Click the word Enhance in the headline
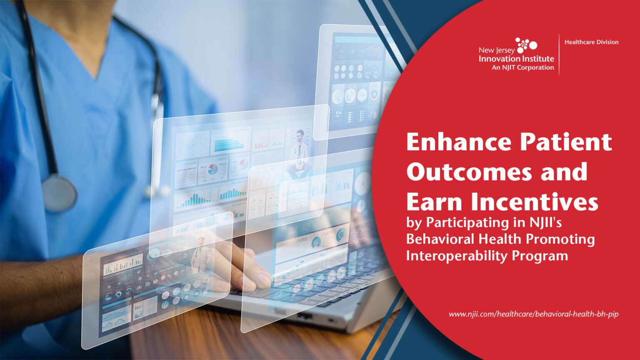pos(458,142)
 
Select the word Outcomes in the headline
pos(469,172)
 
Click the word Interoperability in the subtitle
pos(456,255)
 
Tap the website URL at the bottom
pos(533,314)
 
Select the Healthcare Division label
pos(591,42)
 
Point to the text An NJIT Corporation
pos(522,67)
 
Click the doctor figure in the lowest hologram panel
pos(200,254)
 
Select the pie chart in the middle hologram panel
pos(213,169)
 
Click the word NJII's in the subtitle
pos(545,222)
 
